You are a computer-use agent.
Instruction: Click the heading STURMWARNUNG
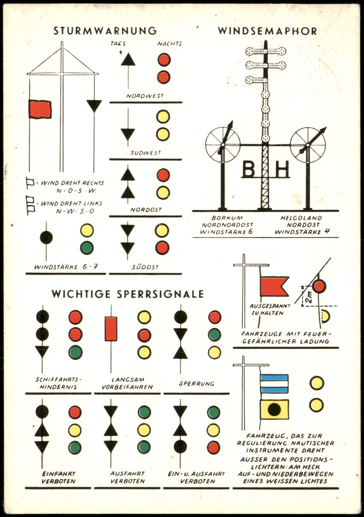[105, 31]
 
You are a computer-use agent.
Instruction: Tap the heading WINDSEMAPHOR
[267, 31]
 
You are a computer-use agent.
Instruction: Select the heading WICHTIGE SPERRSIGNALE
[127, 294]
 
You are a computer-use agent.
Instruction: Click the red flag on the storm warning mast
[40, 109]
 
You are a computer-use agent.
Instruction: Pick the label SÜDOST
[146, 267]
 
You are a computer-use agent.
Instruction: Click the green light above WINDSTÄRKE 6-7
[87, 247]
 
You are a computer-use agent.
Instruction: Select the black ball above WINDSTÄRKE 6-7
[46, 237]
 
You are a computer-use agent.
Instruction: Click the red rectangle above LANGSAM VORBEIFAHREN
[111, 329]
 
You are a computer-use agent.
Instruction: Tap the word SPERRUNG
[197, 384]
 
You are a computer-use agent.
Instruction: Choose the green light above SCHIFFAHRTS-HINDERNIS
[75, 352]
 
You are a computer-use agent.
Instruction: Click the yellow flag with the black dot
[274, 409]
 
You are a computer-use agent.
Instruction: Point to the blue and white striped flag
[274, 383]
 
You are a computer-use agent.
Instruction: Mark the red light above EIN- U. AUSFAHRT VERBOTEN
[213, 447]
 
